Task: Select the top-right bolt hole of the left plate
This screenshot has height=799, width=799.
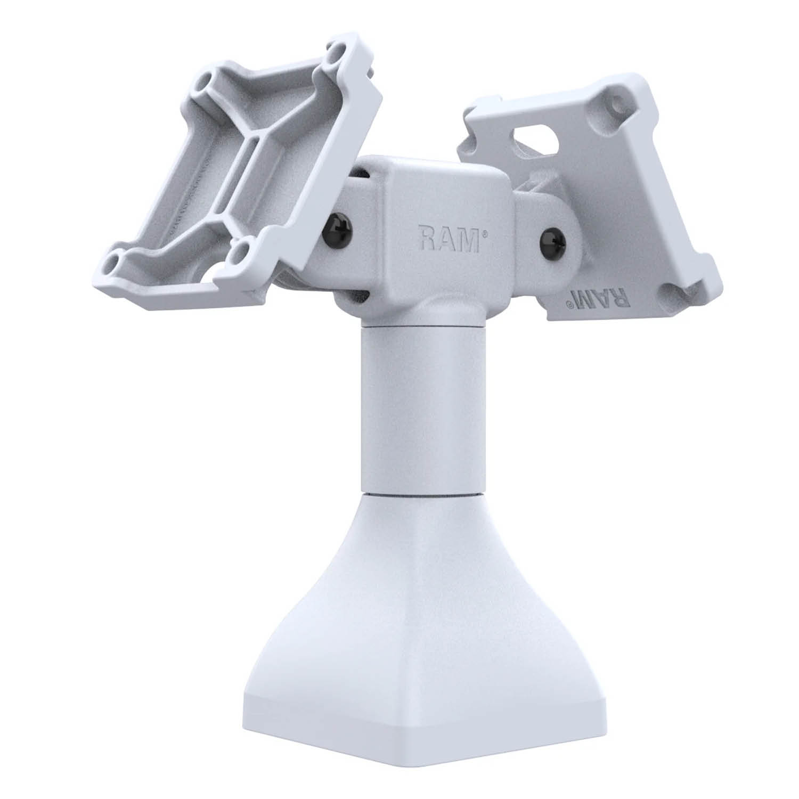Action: [x=335, y=54]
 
